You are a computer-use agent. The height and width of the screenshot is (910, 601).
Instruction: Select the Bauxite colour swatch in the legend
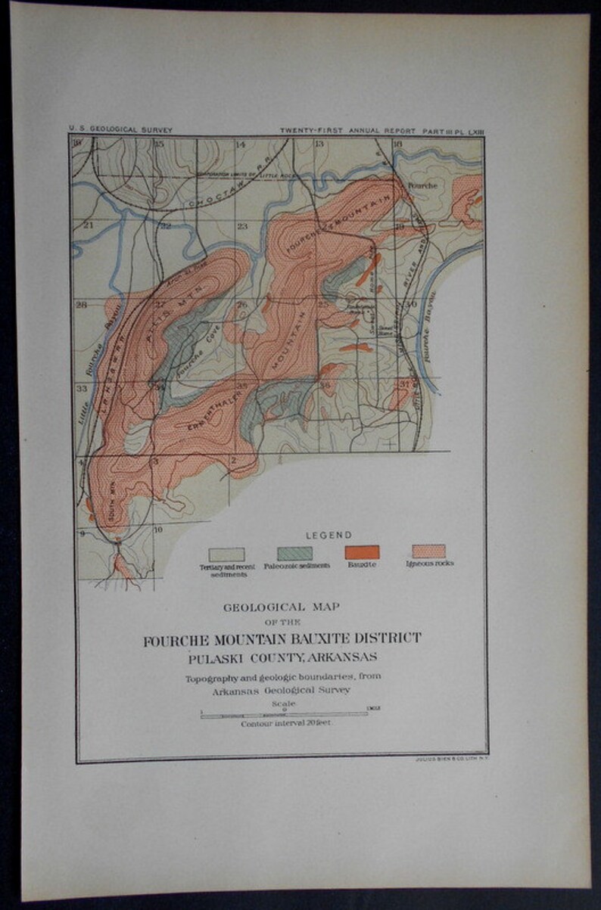[x=362, y=552]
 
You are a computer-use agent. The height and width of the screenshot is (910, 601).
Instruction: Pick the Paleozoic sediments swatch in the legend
[x=294, y=553]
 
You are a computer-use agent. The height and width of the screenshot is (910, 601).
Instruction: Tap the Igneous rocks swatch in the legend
[x=428, y=551]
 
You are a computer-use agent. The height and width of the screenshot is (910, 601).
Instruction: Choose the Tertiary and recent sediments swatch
[x=226, y=554]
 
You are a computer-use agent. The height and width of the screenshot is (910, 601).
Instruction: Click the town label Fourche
[x=419, y=184]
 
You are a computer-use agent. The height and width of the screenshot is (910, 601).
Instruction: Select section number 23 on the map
[x=242, y=226]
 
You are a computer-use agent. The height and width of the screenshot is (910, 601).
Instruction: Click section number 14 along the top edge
[x=241, y=144]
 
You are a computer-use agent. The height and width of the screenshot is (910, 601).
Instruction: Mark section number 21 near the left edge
[x=89, y=225]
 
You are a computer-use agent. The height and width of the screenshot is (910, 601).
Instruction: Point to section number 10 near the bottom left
[x=158, y=530]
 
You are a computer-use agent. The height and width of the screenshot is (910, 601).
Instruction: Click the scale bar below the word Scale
[x=285, y=714]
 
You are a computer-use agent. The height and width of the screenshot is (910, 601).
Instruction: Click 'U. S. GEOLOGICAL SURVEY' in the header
[x=120, y=130]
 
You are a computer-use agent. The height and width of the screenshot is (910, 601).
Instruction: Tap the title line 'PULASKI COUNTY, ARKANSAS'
[x=282, y=655]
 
